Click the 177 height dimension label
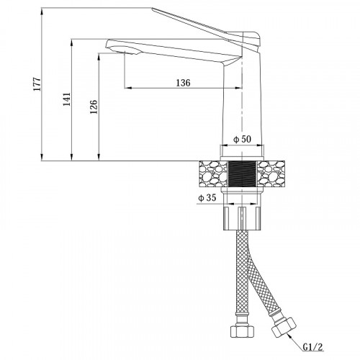[37, 84]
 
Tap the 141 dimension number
[67, 99]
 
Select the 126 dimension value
[94, 107]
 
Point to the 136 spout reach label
[183, 83]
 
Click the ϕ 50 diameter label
[243, 139]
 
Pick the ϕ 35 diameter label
[207, 198]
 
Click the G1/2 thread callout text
[313, 347]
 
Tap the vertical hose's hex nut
[242, 331]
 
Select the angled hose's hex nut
[284, 328]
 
